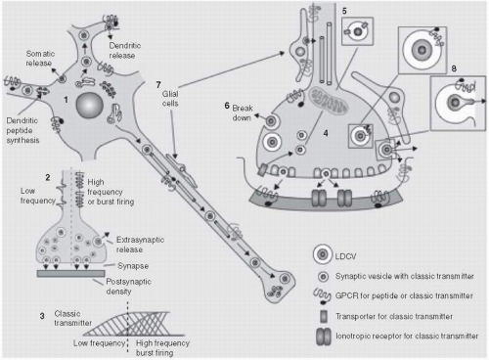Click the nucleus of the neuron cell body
[90, 105]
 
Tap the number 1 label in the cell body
[66, 100]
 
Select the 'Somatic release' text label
[40, 58]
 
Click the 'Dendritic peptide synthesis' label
[22, 130]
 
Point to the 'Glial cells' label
[170, 99]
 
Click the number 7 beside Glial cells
[158, 85]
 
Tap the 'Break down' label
[243, 112]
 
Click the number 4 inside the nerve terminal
[326, 133]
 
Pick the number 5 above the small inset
[344, 11]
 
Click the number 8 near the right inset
[454, 68]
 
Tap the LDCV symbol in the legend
[323, 254]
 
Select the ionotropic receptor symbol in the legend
[324, 337]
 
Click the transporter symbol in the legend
[324, 316]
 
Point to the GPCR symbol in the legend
[323, 295]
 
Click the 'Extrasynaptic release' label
[140, 245]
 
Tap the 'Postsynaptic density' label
[128, 286]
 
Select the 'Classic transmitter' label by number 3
[72, 318]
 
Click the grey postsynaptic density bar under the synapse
[70, 274]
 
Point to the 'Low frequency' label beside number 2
[38, 196]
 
